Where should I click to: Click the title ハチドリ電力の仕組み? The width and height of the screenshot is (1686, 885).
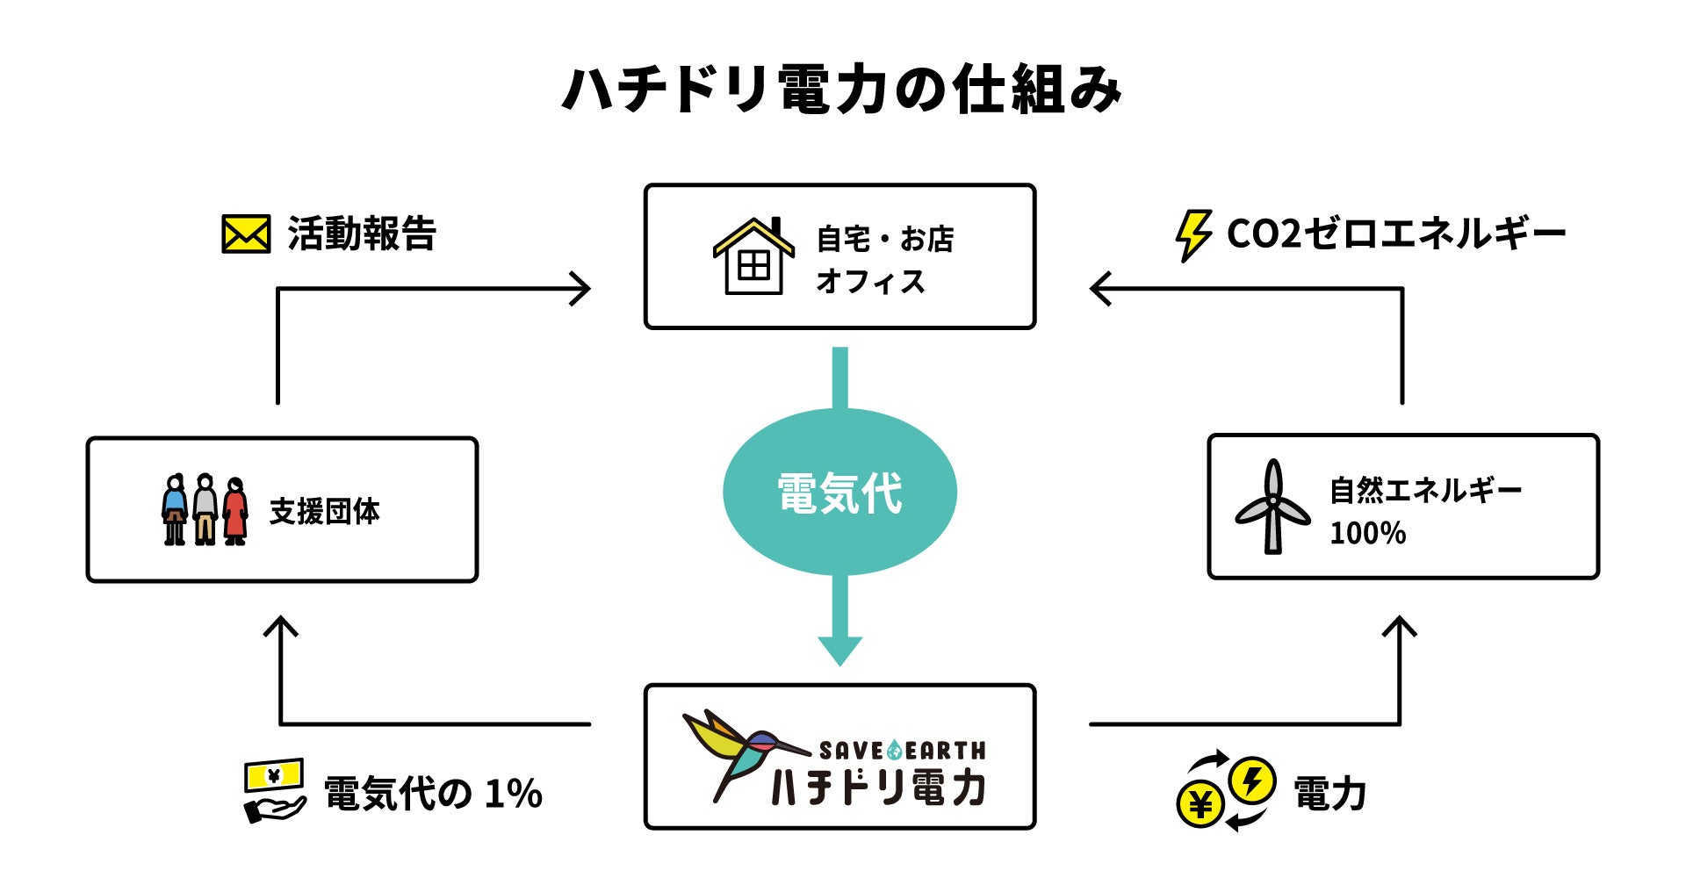pyautogui.click(x=841, y=90)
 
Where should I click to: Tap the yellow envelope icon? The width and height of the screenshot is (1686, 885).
pyautogui.click(x=245, y=234)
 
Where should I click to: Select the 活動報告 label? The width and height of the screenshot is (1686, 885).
pyautogui.click(x=362, y=234)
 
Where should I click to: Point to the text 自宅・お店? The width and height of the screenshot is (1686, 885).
pyautogui.click(x=884, y=239)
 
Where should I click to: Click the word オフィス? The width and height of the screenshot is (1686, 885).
pyautogui.click(x=870, y=282)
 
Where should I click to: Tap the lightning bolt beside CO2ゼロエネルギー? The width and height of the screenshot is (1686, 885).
pyautogui.click(x=1192, y=234)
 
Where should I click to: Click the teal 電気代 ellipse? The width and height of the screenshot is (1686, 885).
pyautogui.click(x=839, y=492)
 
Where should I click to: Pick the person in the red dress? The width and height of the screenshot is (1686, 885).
pyautogui.click(x=235, y=511)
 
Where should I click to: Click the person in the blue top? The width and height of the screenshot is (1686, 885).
pyautogui.click(x=175, y=509)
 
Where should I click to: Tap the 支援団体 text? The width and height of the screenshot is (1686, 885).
pyautogui.click(x=325, y=511)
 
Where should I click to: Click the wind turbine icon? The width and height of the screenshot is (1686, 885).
pyautogui.click(x=1272, y=507)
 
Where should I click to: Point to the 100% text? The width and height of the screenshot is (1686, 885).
pyautogui.click(x=1367, y=533)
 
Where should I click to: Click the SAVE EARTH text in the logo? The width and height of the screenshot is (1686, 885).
pyautogui.click(x=902, y=751)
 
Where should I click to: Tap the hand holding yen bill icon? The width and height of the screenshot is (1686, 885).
pyautogui.click(x=274, y=790)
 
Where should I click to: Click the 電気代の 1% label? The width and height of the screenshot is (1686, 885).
pyautogui.click(x=433, y=794)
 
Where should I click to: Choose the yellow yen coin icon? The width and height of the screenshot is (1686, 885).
pyautogui.click(x=1200, y=804)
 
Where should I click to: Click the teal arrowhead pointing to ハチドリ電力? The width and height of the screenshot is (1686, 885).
pyautogui.click(x=839, y=650)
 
